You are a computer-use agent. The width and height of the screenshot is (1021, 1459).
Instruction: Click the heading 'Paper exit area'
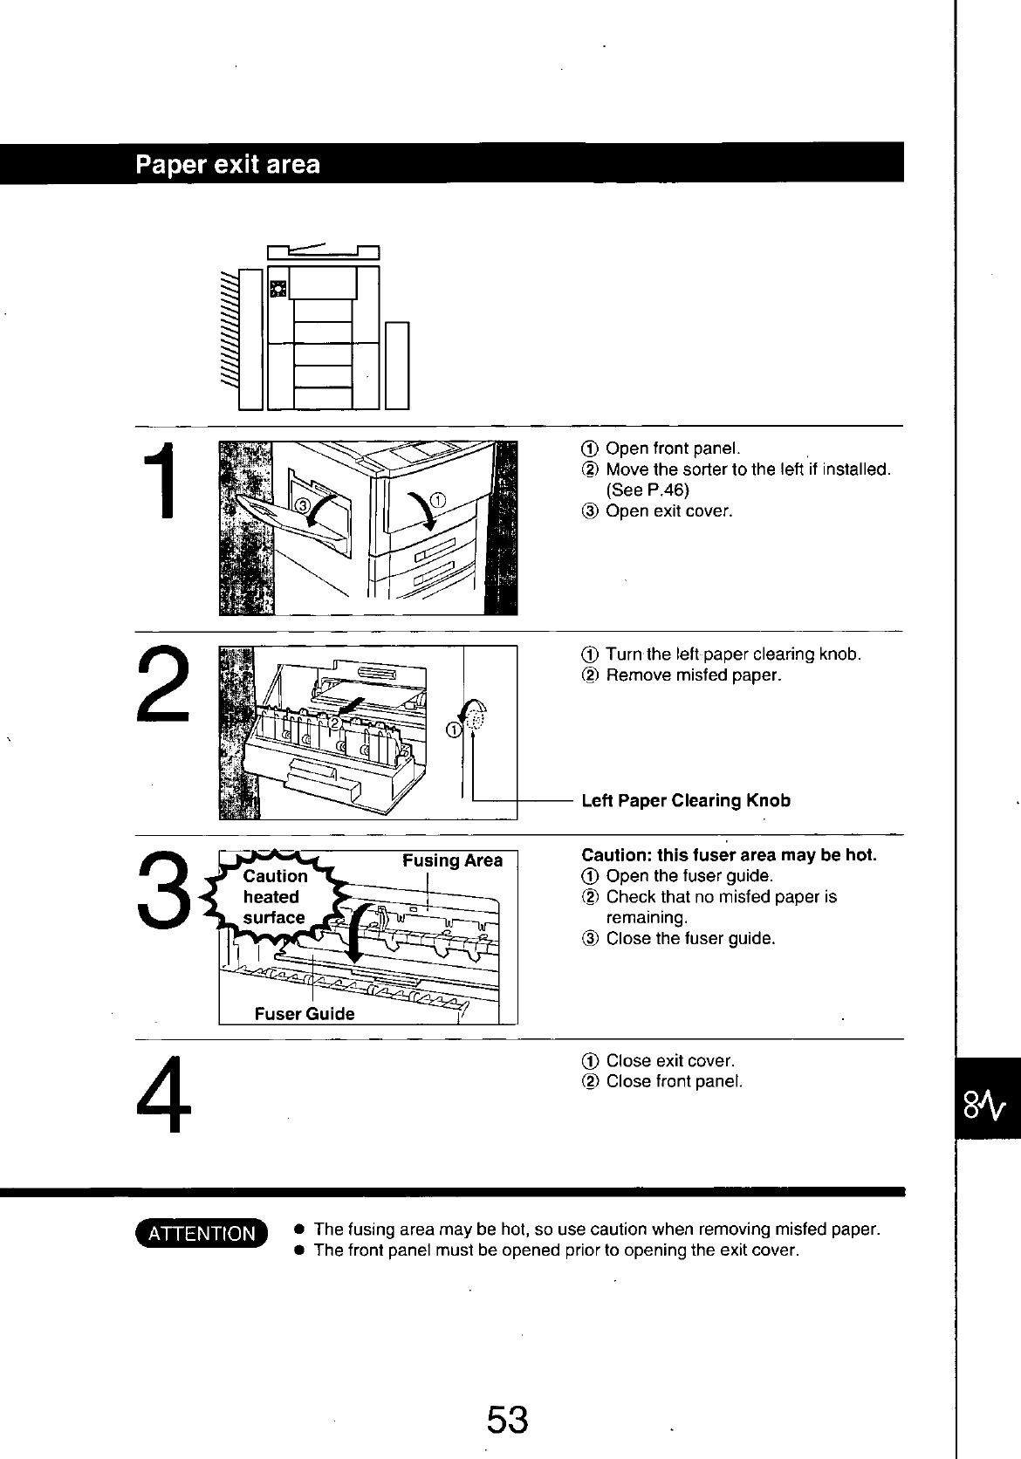click(x=228, y=164)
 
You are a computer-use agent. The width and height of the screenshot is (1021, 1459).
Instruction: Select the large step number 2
click(x=163, y=684)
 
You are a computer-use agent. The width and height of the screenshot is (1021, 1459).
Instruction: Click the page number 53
click(x=507, y=1420)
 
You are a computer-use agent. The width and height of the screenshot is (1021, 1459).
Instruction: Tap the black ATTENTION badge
click(x=202, y=1233)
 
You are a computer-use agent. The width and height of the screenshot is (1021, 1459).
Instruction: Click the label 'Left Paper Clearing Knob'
click(x=685, y=800)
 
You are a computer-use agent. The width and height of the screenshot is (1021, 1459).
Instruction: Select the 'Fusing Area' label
click(x=452, y=860)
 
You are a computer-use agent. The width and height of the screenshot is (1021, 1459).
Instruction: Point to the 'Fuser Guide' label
click(x=305, y=1013)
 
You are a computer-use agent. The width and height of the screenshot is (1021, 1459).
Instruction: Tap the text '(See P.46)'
click(x=647, y=490)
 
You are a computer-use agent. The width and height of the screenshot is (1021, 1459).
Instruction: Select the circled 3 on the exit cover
click(x=302, y=505)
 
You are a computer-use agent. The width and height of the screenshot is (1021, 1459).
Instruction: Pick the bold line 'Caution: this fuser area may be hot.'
click(x=730, y=854)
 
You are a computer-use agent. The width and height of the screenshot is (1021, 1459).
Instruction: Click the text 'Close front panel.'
click(x=675, y=1081)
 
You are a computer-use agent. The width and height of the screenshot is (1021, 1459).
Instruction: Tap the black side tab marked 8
click(x=987, y=1098)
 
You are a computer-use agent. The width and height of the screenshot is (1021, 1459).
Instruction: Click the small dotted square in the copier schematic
click(x=278, y=289)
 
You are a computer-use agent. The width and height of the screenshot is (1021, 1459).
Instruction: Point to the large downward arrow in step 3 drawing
click(x=355, y=935)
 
